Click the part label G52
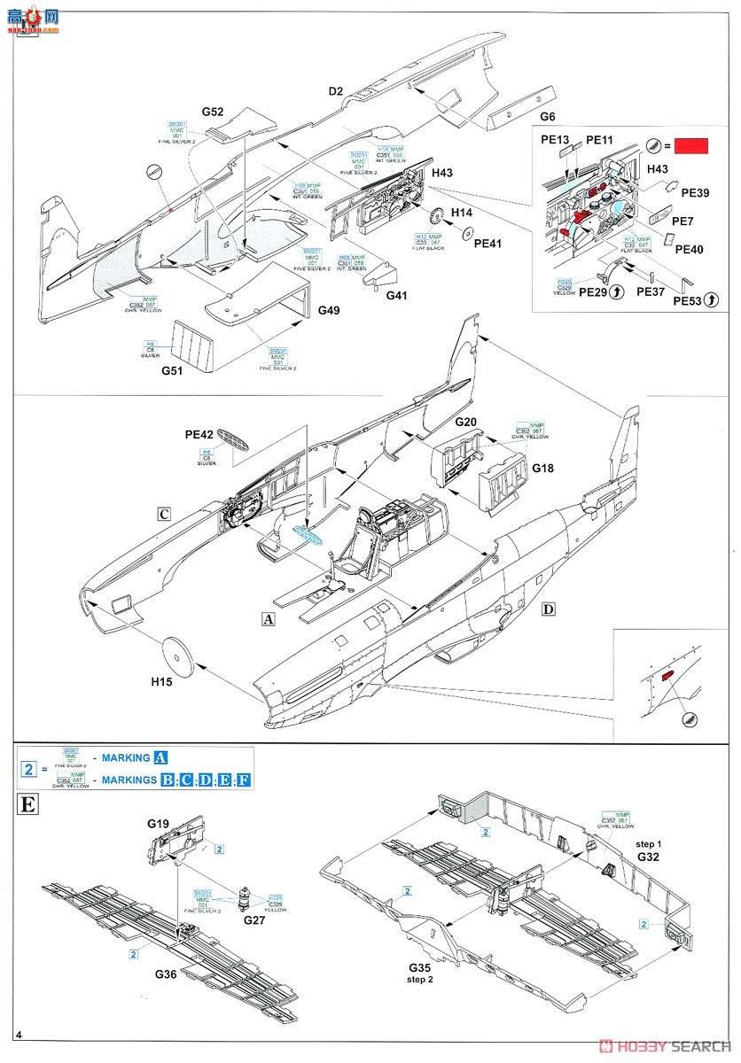(212, 112)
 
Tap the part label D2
(336, 90)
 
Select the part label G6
(548, 117)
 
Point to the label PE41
(488, 242)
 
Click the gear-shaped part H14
(434, 217)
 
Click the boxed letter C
(164, 514)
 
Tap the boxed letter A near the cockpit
(269, 619)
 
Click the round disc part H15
(181, 657)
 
